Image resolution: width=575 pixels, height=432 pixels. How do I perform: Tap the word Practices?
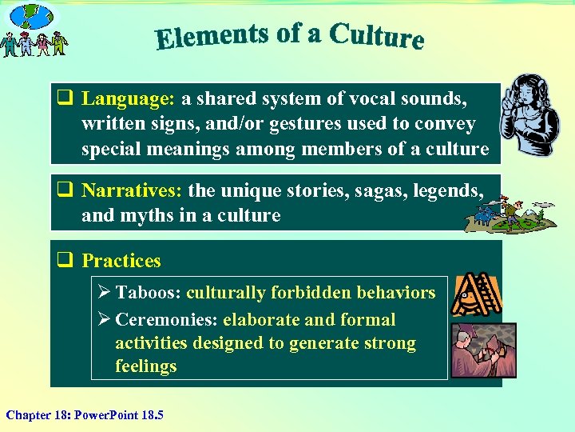121,261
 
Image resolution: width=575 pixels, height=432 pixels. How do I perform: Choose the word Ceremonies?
166,320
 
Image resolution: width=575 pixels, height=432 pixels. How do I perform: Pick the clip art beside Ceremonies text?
483,350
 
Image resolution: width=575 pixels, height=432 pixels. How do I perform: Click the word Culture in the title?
376,36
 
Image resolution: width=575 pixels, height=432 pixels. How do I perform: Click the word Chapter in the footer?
29,414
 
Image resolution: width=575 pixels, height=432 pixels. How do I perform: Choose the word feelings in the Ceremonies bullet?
145,366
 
